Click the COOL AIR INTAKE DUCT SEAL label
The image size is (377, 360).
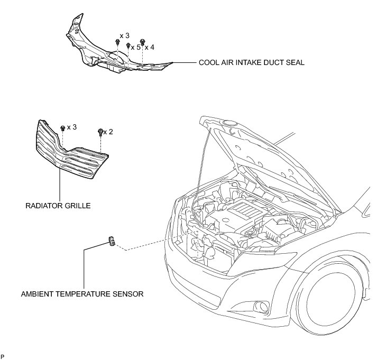tap(251, 62)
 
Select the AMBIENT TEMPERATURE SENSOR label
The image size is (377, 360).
tap(81, 293)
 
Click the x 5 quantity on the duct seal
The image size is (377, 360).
tap(136, 47)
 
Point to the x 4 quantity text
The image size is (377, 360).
tap(150, 47)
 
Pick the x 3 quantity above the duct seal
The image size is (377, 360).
tap(125, 35)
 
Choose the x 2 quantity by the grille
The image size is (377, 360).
tap(108, 131)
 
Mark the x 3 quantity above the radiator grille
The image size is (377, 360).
tap(71, 127)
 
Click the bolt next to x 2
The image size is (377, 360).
tap(100, 132)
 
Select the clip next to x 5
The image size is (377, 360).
tap(128, 46)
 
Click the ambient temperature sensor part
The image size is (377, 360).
tap(112, 242)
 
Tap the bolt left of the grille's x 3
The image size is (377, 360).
tap(63, 128)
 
